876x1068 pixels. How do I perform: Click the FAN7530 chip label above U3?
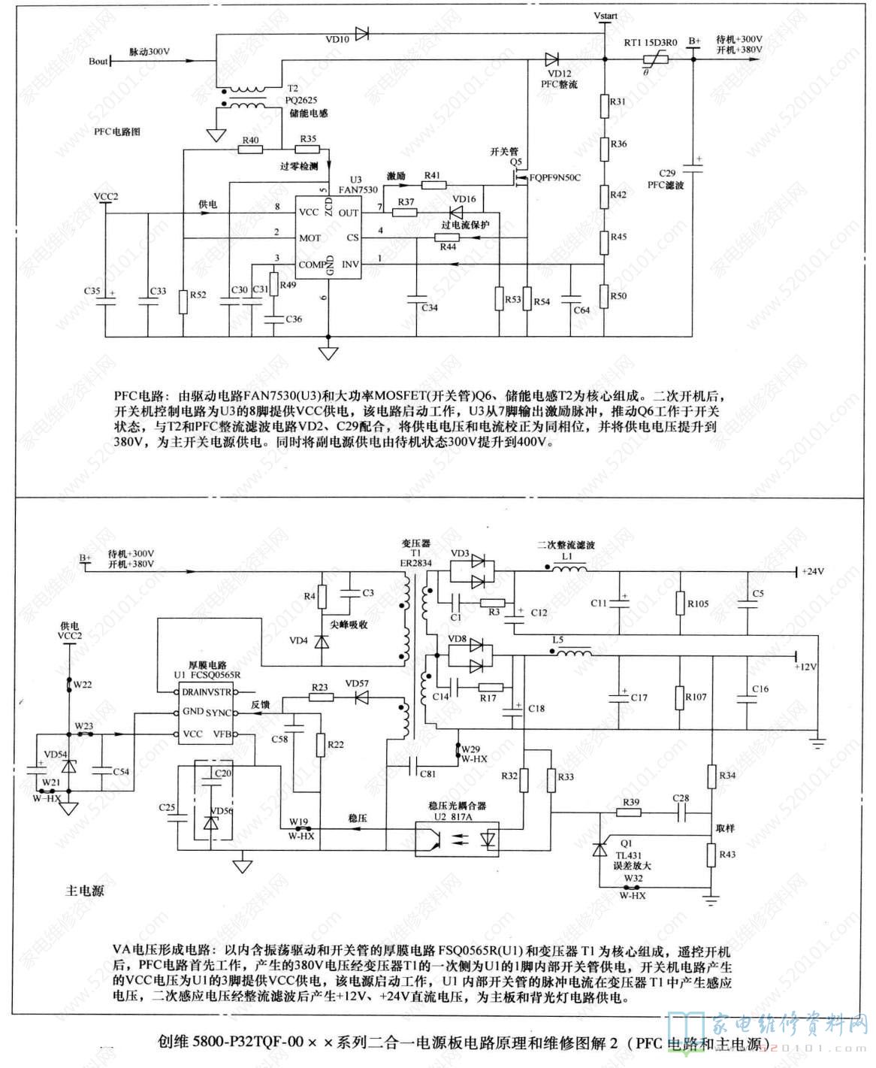coord(358,189)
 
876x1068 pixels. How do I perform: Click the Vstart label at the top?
coord(605,15)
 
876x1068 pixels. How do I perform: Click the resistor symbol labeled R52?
coord(183,301)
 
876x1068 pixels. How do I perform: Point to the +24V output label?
coord(811,571)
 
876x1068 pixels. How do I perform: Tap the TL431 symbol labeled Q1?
coord(600,849)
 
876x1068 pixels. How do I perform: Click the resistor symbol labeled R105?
coord(680,604)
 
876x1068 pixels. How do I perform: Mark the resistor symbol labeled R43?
coord(710,855)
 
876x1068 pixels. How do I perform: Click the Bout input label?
coord(98,61)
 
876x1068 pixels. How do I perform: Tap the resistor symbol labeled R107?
coord(679,697)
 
